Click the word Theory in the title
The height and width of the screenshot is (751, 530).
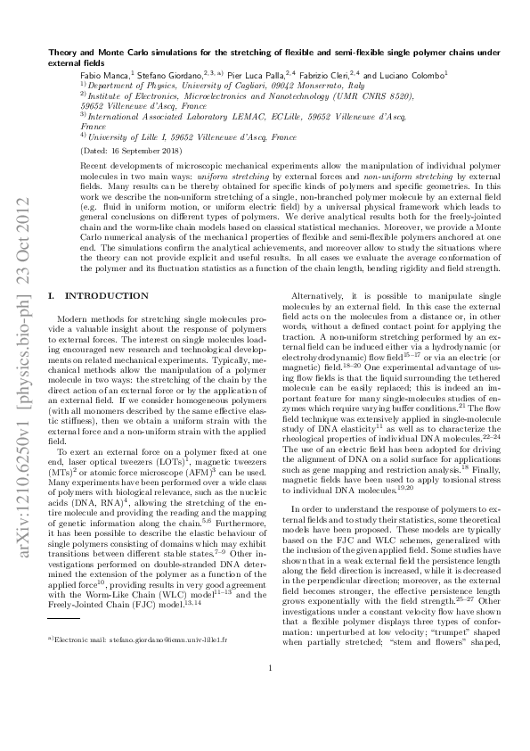(x=62, y=54)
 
